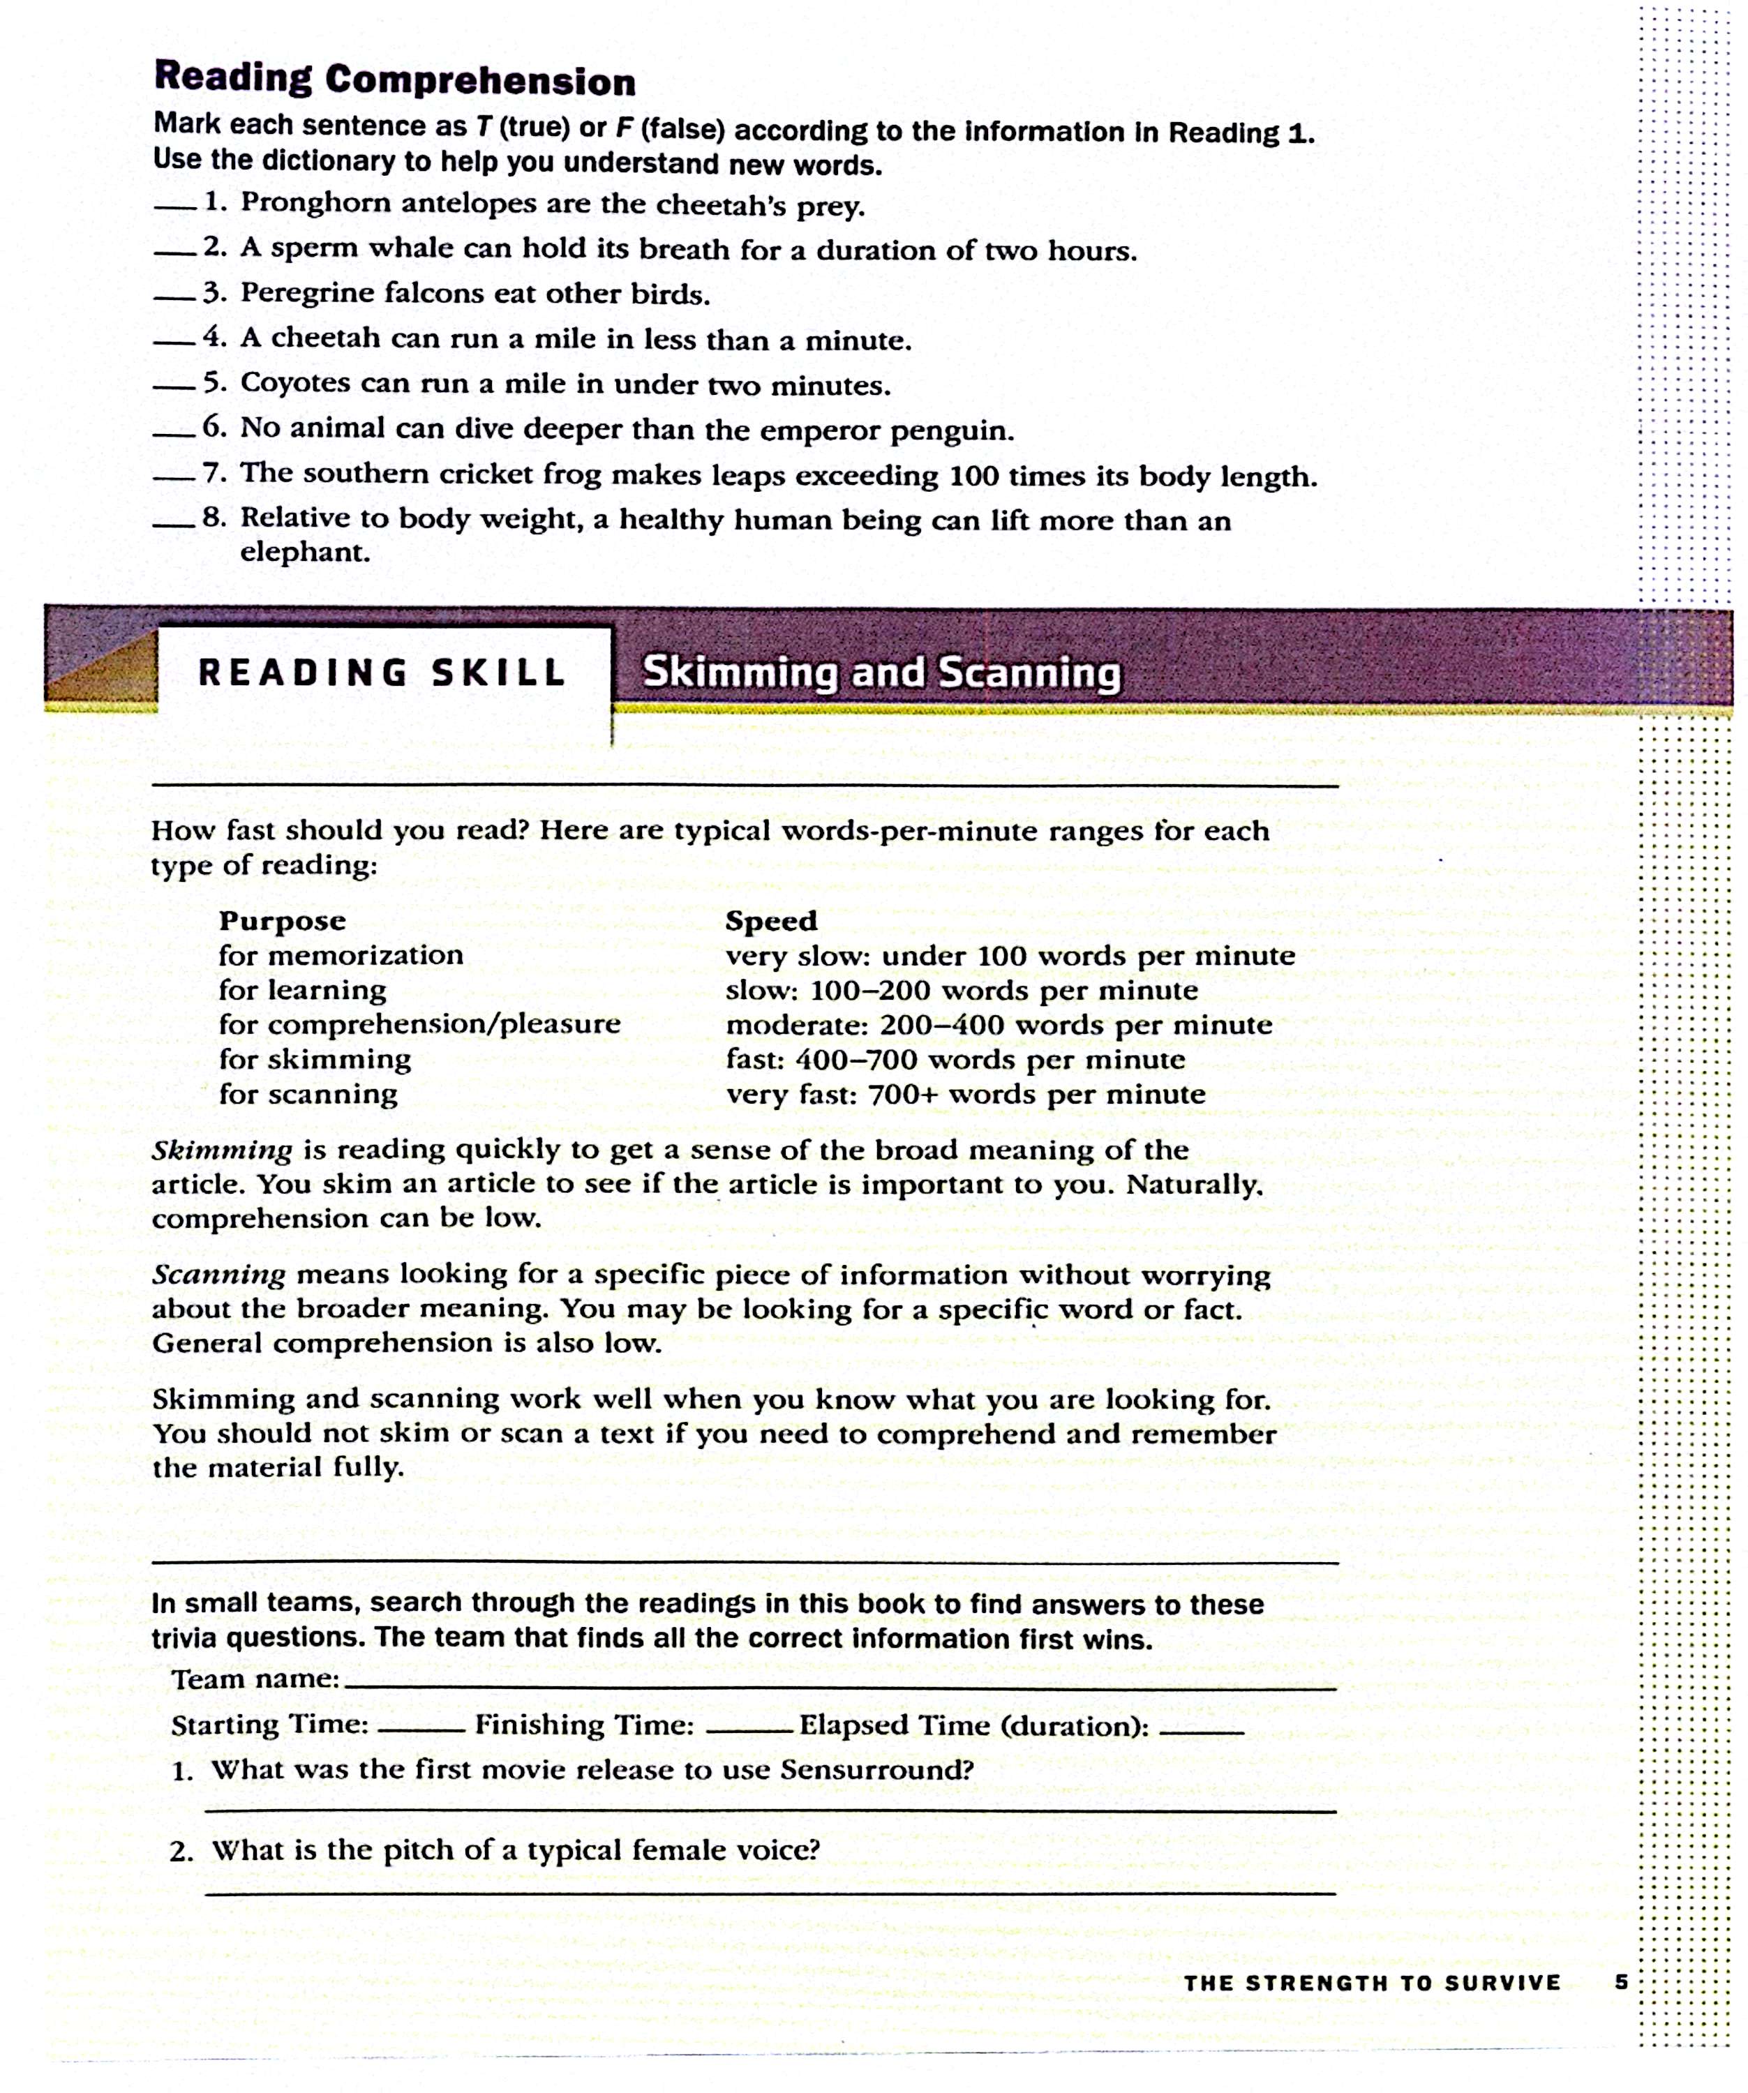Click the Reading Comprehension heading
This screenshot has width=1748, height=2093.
coord(395,79)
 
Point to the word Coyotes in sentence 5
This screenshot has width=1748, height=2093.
coord(295,384)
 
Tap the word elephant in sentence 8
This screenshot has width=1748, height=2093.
coord(305,552)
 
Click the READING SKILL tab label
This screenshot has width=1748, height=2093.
coord(382,673)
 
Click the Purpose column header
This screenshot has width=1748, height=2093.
coord(282,921)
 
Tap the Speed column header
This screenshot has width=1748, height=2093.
coord(770,921)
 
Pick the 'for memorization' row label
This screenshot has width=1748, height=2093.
coord(341,956)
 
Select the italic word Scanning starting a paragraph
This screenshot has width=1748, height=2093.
coord(218,1275)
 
